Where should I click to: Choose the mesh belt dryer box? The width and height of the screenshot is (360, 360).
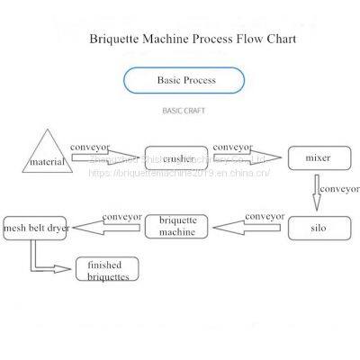(x=35, y=228)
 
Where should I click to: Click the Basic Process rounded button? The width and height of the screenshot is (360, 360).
(x=184, y=81)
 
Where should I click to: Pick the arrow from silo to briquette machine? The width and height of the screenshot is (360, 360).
(x=251, y=227)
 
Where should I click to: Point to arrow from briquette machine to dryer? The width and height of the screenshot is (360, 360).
(x=105, y=225)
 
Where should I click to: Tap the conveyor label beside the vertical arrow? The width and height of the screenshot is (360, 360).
(x=339, y=190)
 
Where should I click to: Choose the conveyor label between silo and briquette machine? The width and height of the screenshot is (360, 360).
(x=264, y=216)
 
